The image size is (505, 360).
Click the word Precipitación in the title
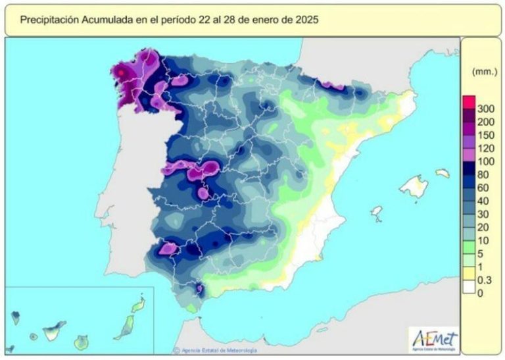point(49,20)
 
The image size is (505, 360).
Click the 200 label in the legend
point(486,122)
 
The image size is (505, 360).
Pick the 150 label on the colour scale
point(486,135)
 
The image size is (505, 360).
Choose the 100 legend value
point(486,161)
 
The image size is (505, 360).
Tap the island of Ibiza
point(377,213)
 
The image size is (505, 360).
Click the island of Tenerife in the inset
point(54,327)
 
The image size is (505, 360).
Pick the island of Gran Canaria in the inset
point(82,342)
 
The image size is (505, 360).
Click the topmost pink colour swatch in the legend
point(468,102)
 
